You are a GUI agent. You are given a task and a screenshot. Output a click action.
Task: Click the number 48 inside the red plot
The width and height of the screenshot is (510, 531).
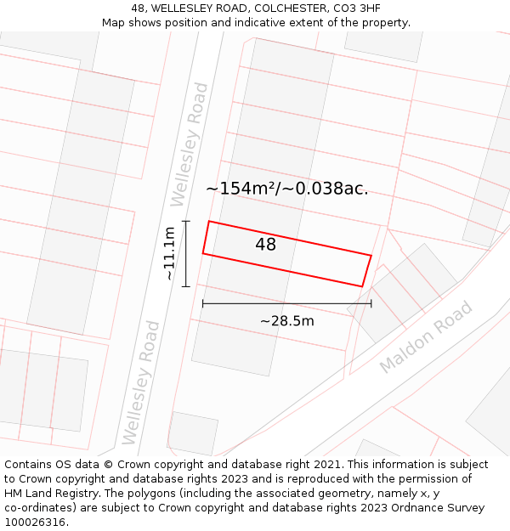(x=265, y=245)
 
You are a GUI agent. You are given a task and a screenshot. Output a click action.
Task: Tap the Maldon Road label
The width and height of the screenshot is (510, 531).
(x=426, y=336)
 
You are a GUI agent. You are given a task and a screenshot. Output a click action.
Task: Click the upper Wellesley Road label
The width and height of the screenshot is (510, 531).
(x=189, y=144)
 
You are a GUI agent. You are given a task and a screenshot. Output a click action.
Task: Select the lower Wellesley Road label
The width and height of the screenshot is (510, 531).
(x=141, y=381)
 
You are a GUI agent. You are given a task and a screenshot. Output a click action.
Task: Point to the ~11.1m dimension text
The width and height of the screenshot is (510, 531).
(x=169, y=253)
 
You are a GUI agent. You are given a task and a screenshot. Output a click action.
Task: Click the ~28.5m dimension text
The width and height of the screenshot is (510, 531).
(x=286, y=320)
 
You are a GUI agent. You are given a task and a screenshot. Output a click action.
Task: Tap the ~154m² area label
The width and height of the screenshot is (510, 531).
(x=242, y=189)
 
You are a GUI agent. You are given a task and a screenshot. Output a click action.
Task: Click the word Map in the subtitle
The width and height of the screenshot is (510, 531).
(x=113, y=23)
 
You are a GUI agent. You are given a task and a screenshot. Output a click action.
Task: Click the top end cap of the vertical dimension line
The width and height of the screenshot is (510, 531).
(x=186, y=222)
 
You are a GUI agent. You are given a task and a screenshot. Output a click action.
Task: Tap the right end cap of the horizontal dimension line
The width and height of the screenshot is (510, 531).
(x=371, y=303)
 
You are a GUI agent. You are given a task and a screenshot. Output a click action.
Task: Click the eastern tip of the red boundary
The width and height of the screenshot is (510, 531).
(x=371, y=255)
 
